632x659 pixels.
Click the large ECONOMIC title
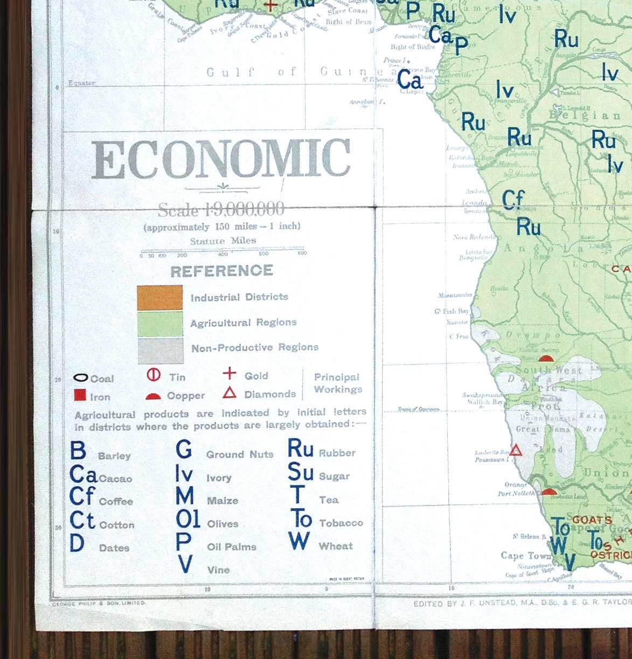click(x=221, y=159)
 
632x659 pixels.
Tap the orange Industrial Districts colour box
click(x=159, y=298)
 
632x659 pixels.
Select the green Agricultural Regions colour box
click(x=159, y=324)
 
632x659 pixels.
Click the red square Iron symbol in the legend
click(x=80, y=395)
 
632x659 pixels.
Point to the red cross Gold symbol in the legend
click(x=230, y=373)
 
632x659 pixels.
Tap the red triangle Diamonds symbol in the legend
click(x=230, y=393)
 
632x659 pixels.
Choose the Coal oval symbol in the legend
click(x=80, y=378)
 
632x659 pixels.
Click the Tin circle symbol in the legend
click(x=154, y=375)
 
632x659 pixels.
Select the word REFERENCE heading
click(x=221, y=271)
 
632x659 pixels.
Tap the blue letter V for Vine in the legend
click(x=185, y=564)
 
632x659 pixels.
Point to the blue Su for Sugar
click(x=300, y=472)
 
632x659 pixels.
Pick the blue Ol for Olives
click(x=187, y=519)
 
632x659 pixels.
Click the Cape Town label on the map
click(x=525, y=556)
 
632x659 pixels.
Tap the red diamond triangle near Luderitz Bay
click(x=516, y=450)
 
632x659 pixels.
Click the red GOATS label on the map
click(x=592, y=520)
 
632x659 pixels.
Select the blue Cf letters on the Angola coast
click(x=512, y=200)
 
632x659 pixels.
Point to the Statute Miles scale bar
click(x=223, y=251)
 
